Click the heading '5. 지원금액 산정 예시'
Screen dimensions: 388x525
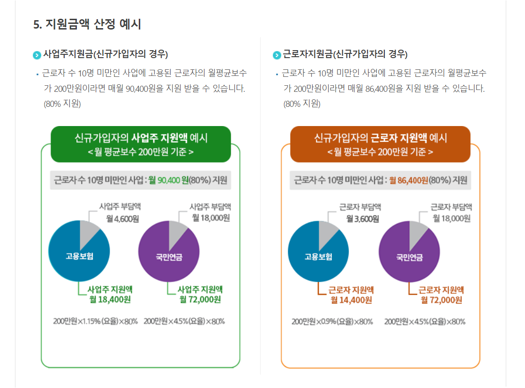tap(87, 24)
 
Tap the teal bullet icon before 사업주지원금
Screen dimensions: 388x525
tap(37, 55)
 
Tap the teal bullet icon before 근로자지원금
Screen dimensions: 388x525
tap(277, 55)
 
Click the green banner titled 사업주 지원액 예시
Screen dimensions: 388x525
tap(141, 144)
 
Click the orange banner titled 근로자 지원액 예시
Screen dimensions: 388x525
tap(380, 144)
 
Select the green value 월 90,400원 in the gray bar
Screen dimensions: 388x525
tap(168, 180)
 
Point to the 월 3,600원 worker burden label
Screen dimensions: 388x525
tap(362, 219)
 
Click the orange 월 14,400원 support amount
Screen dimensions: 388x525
tap(351, 300)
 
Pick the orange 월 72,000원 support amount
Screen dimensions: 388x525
tap(441, 300)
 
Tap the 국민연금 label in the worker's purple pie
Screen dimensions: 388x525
tap(409, 257)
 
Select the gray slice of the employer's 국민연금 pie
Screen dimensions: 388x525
tap(177, 231)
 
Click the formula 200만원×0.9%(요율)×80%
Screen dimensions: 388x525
tap(332, 321)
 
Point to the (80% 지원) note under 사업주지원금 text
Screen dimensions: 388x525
tap(62, 104)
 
